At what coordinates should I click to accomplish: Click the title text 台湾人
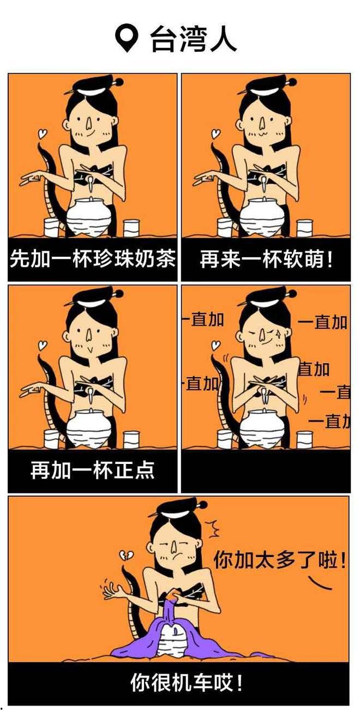coord(193,40)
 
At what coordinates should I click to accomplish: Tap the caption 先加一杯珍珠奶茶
coord(92,260)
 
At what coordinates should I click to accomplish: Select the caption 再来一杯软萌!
coord(266,260)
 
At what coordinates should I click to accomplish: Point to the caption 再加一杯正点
coord(92,470)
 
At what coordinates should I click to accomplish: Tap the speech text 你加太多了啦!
coord(279,560)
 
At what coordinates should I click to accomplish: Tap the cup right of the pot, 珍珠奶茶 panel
coord(131,227)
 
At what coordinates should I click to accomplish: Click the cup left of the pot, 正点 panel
coord(52,438)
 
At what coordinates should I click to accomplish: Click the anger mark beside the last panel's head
coord(211,528)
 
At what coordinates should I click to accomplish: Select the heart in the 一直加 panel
coord(217,345)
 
